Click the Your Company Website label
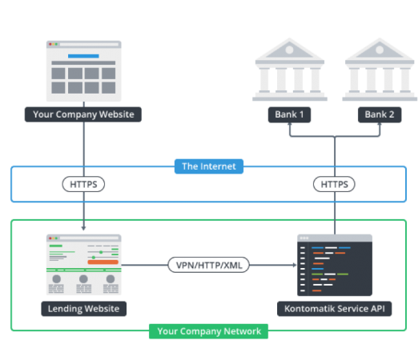point(84,114)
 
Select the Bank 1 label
point(289,114)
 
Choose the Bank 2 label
point(380,114)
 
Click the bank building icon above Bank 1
point(289,72)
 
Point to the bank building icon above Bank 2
point(380,72)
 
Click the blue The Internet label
point(209,166)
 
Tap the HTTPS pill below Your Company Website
point(84,184)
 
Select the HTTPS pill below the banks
point(334,184)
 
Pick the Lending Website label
point(84,308)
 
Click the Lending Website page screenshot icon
point(84,265)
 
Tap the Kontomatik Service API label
point(334,308)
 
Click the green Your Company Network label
point(209,331)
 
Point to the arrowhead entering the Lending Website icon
point(84,230)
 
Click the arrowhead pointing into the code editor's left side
point(291,265)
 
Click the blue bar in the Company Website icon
point(84,57)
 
